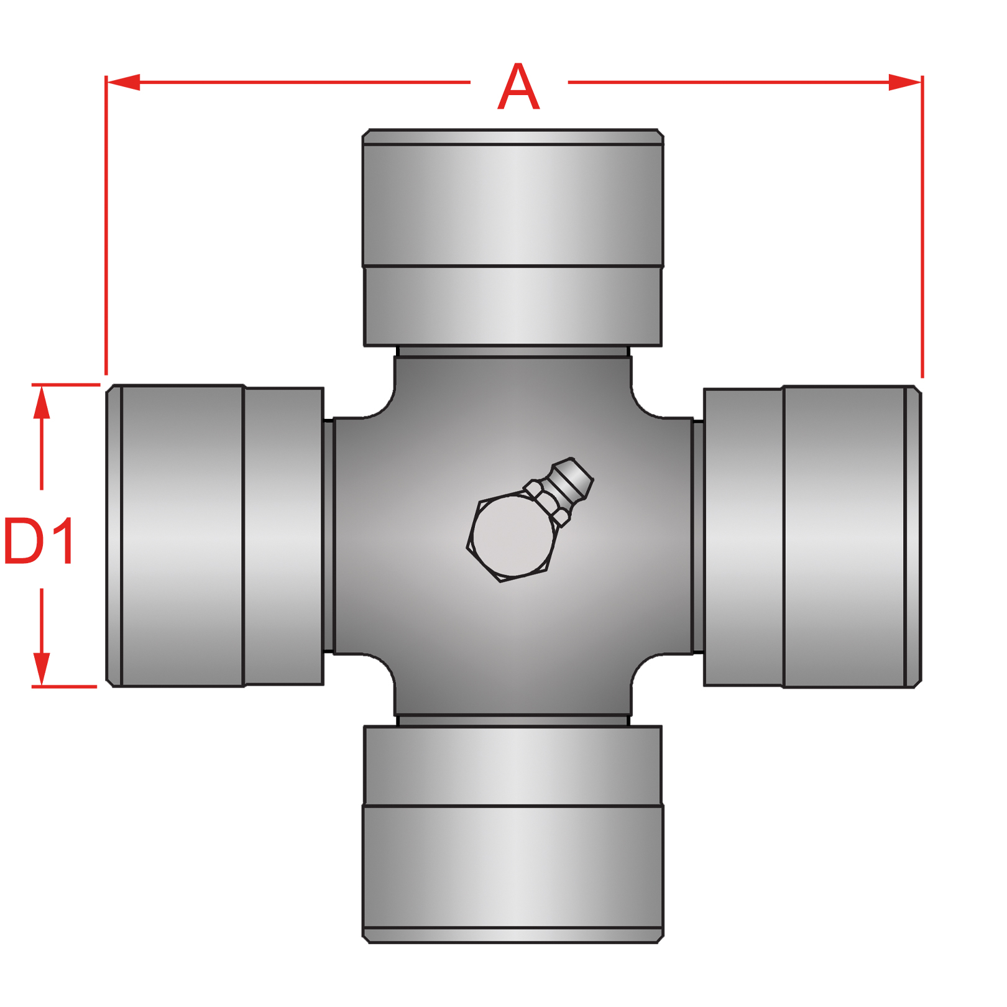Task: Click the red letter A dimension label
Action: tap(518, 87)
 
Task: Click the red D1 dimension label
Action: tap(39, 541)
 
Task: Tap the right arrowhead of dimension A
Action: tap(904, 82)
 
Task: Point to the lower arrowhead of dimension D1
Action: tap(42, 668)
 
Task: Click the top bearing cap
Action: tap(513, 236)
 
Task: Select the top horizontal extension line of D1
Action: tap(65, 385)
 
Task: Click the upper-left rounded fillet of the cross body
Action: tap(380, 404)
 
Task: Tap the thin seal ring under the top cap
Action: tap(513, 352)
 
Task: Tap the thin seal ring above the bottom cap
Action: tap(513, 721)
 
